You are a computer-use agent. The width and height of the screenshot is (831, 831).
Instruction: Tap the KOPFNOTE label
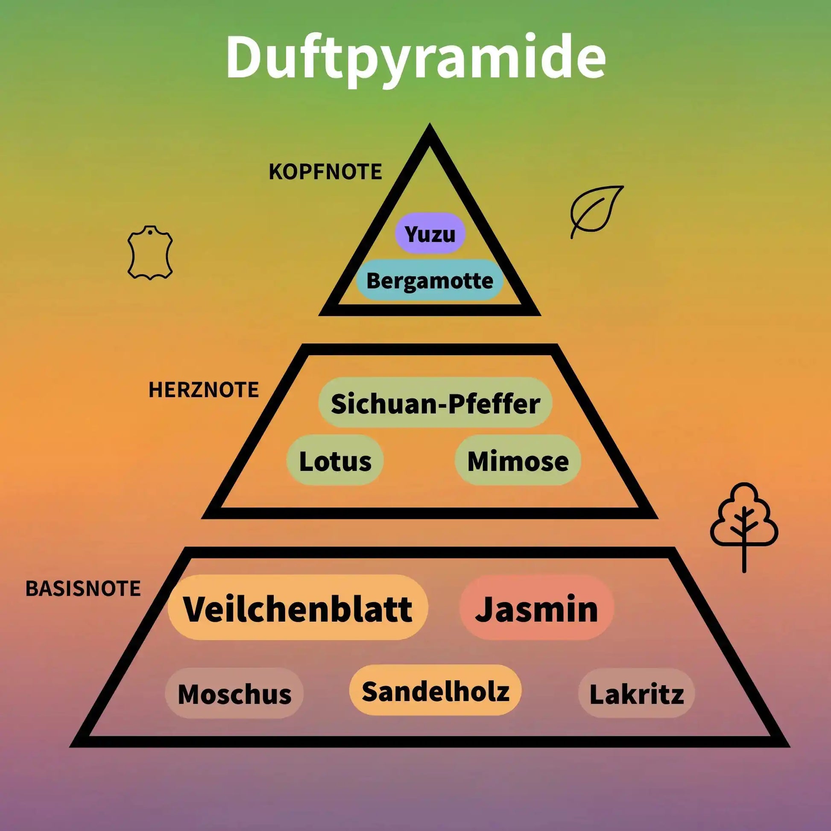pyautogui.click(x=325, y=172)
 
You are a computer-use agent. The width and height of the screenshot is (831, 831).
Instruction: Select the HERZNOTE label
pyautogui.click(x=203, y=390)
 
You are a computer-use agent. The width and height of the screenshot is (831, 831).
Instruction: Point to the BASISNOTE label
pyautogui.click(x=83, y=588)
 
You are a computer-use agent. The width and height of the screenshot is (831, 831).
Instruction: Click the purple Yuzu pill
pyautogui.click(x=430, y=233)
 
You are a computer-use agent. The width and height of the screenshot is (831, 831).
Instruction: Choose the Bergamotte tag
pyautogui.click(x=430, y=281)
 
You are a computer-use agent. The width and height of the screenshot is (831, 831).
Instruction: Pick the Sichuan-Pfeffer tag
pyautogui.click(x=435, y=403)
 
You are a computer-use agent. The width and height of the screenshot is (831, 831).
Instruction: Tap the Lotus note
pyautogui.click(x=335, y=460)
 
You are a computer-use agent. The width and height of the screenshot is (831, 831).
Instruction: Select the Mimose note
pyautogui.click(x=518, y=460)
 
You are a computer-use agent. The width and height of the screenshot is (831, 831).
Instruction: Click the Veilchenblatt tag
pyautogui.click(x=298, y=608)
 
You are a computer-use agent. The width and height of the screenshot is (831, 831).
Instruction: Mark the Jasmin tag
pyautogui.click(x=536, y=608)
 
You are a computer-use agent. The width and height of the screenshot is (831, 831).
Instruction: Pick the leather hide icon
pyautogui.click(x=150, y=253)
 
